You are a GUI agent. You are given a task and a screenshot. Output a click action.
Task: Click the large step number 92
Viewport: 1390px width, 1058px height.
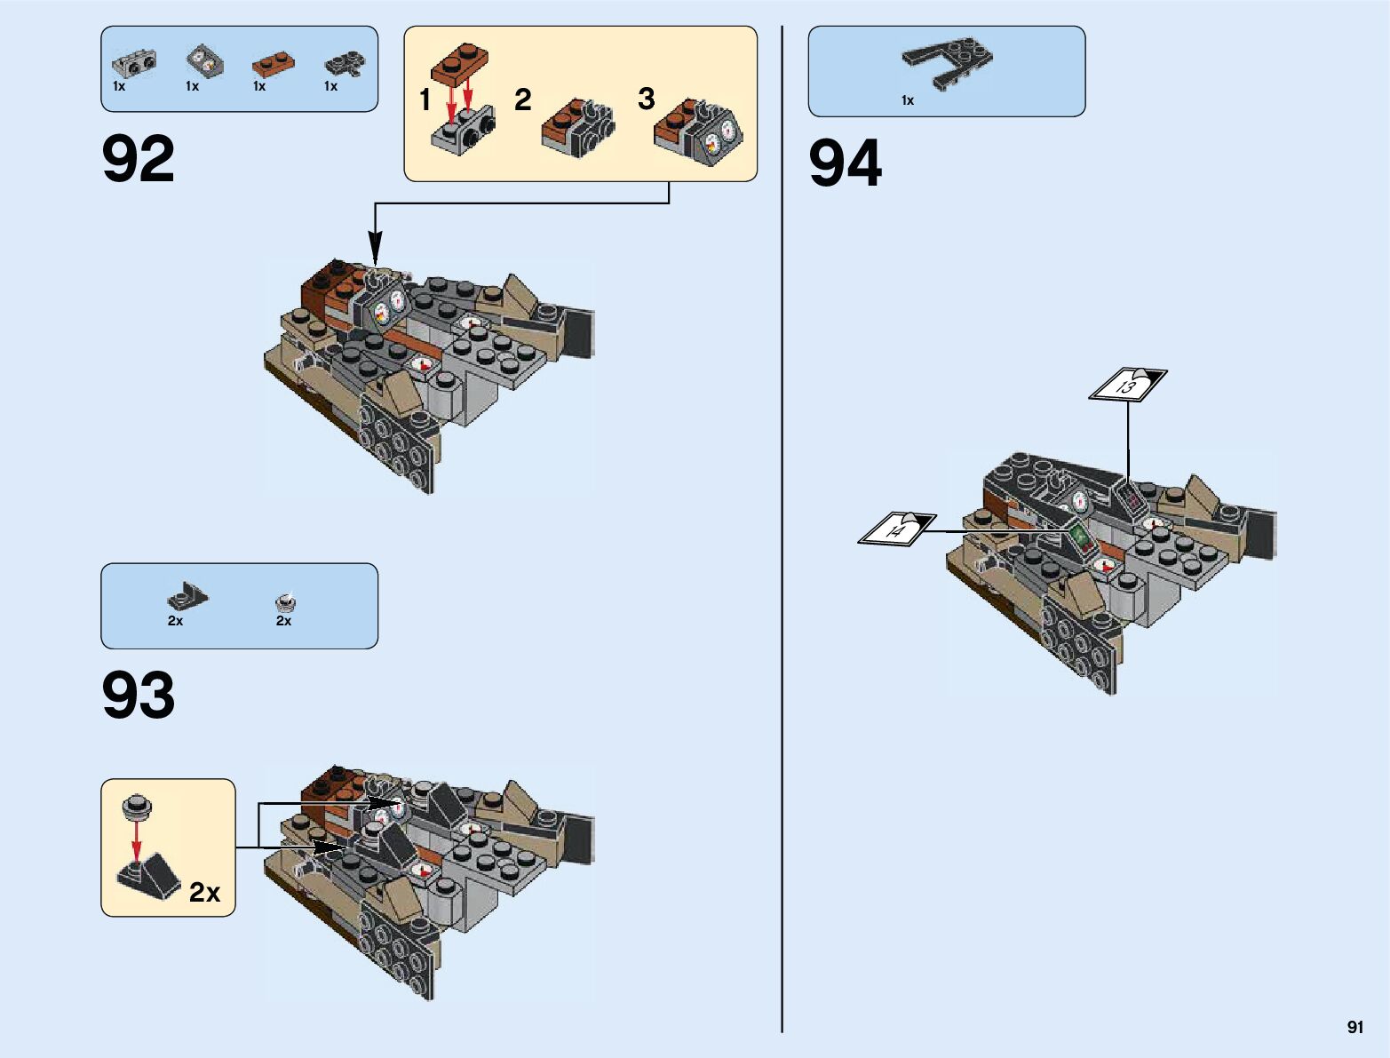tap(139, 160)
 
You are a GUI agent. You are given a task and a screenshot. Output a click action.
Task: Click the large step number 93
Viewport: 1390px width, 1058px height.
tap(139, 695)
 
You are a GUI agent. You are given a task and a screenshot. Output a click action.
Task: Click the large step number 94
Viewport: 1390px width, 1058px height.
tap(845, 164)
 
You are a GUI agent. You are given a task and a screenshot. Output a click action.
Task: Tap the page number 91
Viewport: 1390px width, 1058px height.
tap(1354, 1027)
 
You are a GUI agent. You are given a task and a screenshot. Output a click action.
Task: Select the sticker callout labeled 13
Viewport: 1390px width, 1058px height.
tap(1128, 385)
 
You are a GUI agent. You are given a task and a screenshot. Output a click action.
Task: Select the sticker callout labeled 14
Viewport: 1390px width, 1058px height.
tap(897, 529)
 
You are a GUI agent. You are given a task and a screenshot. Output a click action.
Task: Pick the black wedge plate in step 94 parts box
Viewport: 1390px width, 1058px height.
tap(947, 61)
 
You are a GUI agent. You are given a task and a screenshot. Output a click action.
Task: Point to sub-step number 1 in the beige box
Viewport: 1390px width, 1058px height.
tap(425, 99)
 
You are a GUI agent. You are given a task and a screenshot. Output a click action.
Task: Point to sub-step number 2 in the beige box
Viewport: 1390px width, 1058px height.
tap(522, 99)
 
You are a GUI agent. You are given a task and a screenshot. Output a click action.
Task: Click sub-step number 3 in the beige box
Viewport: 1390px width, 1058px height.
tap(646, 99)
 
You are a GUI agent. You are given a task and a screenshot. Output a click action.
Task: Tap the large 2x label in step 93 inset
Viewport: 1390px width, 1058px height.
tap(204, 892)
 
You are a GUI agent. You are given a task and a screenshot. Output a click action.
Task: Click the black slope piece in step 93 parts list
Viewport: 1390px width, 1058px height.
tap(187, 595)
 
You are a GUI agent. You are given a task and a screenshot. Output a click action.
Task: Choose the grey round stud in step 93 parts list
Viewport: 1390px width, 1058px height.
tap(285, 601)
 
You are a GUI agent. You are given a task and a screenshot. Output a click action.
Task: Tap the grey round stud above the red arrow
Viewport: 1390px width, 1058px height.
tap(137, 806)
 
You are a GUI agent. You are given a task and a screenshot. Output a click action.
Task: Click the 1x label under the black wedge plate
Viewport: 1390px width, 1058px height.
tap(907, 100)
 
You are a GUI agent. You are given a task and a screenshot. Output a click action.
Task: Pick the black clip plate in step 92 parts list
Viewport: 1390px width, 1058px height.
tap(345, 63)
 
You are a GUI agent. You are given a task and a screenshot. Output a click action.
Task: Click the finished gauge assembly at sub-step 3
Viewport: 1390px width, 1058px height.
tap(699, 133)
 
